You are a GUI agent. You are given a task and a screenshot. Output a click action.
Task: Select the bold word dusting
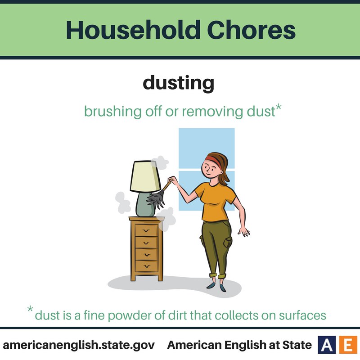click(178, 83)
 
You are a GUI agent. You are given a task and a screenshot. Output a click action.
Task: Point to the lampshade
click(145, 176)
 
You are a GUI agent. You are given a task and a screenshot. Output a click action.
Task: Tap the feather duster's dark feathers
click(156, 199)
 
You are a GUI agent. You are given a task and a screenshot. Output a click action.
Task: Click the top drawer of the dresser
click(146, 230)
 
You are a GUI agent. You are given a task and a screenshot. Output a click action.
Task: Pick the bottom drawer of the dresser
click(146, 266)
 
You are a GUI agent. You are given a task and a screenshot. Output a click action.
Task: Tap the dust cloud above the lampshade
click(160, 162)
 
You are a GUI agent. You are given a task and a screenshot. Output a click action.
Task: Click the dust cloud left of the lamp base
click(122, 202)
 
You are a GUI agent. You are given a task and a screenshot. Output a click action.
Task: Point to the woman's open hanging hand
click(244, 231)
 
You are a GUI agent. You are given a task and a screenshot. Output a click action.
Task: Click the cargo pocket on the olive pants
click(228, 243)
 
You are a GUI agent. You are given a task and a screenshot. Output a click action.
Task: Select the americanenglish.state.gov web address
click(79, 345)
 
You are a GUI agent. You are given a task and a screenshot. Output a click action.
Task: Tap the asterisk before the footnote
click(30, 309)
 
